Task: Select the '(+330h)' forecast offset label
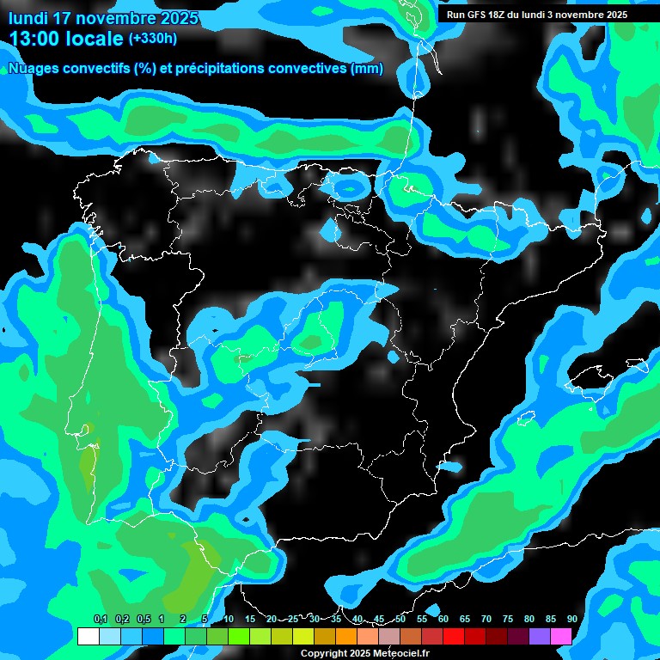(x=153, y=38)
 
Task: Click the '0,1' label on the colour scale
(x=101, y=619)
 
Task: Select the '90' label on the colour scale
(x=572, y=619)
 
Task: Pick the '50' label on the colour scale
(x=400, y=619)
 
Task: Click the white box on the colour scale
(x=88, y=637)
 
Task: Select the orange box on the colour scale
(x=346, y=637)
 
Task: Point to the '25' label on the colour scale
(x=293, y=619)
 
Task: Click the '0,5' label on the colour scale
(x=143, y=619)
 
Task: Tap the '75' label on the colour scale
(x=508, y=619)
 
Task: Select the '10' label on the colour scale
(x=229, y=619)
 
